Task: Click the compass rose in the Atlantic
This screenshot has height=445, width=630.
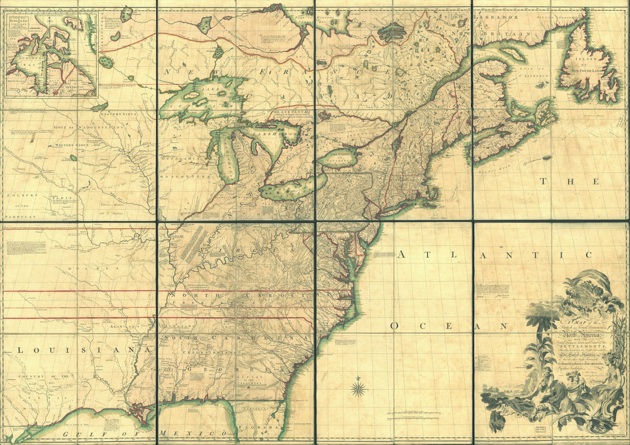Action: [359, 390]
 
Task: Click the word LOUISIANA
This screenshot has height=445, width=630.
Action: [77, 349]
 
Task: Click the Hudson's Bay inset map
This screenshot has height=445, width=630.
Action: [50, 54]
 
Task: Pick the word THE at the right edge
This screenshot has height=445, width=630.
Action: [569, 182]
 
